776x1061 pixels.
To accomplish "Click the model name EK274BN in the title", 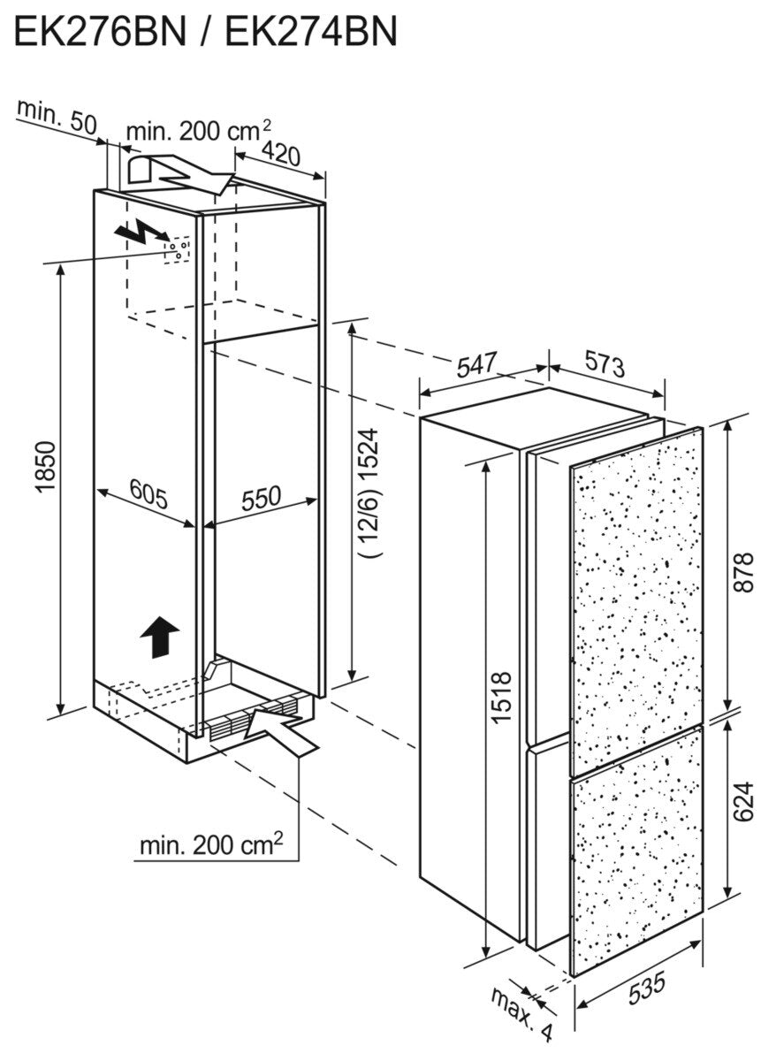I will (x=311, y=32).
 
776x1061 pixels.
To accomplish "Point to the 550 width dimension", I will (x=261, y=498).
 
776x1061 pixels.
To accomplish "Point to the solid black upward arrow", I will (x=159, y=637).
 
